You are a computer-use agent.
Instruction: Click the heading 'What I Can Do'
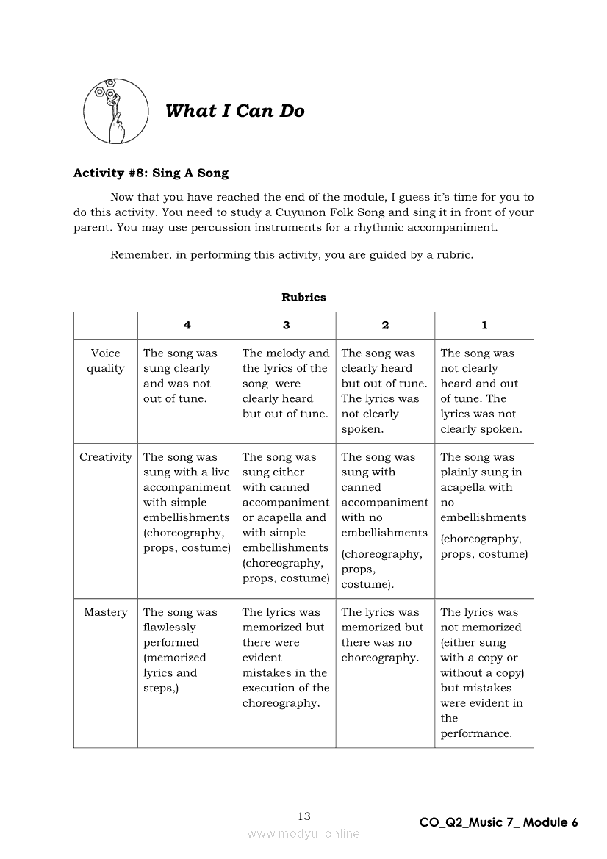pos(234,111)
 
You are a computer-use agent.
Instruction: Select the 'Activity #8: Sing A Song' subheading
pos(151,173)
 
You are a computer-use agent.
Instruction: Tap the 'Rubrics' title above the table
pos(303,298)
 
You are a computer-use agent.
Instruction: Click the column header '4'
pos(187,325)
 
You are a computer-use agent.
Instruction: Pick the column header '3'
pos(286,325)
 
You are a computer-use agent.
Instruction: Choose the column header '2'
pos(385,325)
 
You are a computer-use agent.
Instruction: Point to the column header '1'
pos(484,325)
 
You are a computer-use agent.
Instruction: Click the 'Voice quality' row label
pos(106,361)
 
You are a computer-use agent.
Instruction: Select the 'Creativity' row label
pos(106,457)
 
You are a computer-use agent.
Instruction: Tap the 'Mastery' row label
pos(106,612)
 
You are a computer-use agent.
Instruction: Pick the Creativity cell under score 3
pos(286,517)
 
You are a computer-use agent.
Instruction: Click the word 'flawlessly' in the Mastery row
pos(170,628)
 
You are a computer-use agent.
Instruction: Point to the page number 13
pos(304,816)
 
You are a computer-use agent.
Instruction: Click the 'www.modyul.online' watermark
pos(303,833)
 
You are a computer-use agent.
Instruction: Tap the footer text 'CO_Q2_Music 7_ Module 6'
pos(498,822)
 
